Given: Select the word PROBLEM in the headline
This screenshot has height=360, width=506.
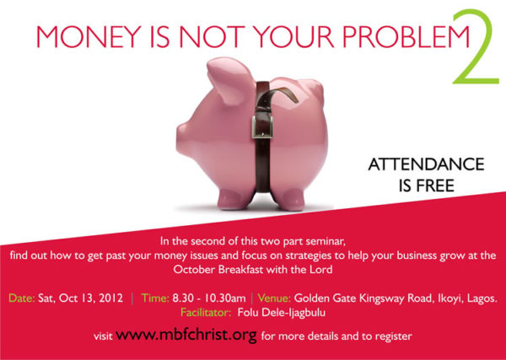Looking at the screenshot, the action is tap(406, 36).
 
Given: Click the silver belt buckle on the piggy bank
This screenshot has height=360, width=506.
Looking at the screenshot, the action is tap(262, 126).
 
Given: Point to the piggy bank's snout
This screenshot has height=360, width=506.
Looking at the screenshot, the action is tap(181, 138).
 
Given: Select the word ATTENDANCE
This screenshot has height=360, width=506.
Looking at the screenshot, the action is tap(426, 164).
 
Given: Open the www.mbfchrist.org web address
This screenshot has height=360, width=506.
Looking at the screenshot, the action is tap(186, 335).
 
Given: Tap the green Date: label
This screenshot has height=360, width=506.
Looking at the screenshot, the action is tap(22, 298).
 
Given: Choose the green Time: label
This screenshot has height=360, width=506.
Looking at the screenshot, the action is tap(155, 298).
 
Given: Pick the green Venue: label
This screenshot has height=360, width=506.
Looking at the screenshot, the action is tap(274, 298).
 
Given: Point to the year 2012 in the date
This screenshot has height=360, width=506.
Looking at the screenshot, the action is tap(111, 298).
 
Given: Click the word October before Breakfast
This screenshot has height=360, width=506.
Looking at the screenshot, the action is tap(194, 269).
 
